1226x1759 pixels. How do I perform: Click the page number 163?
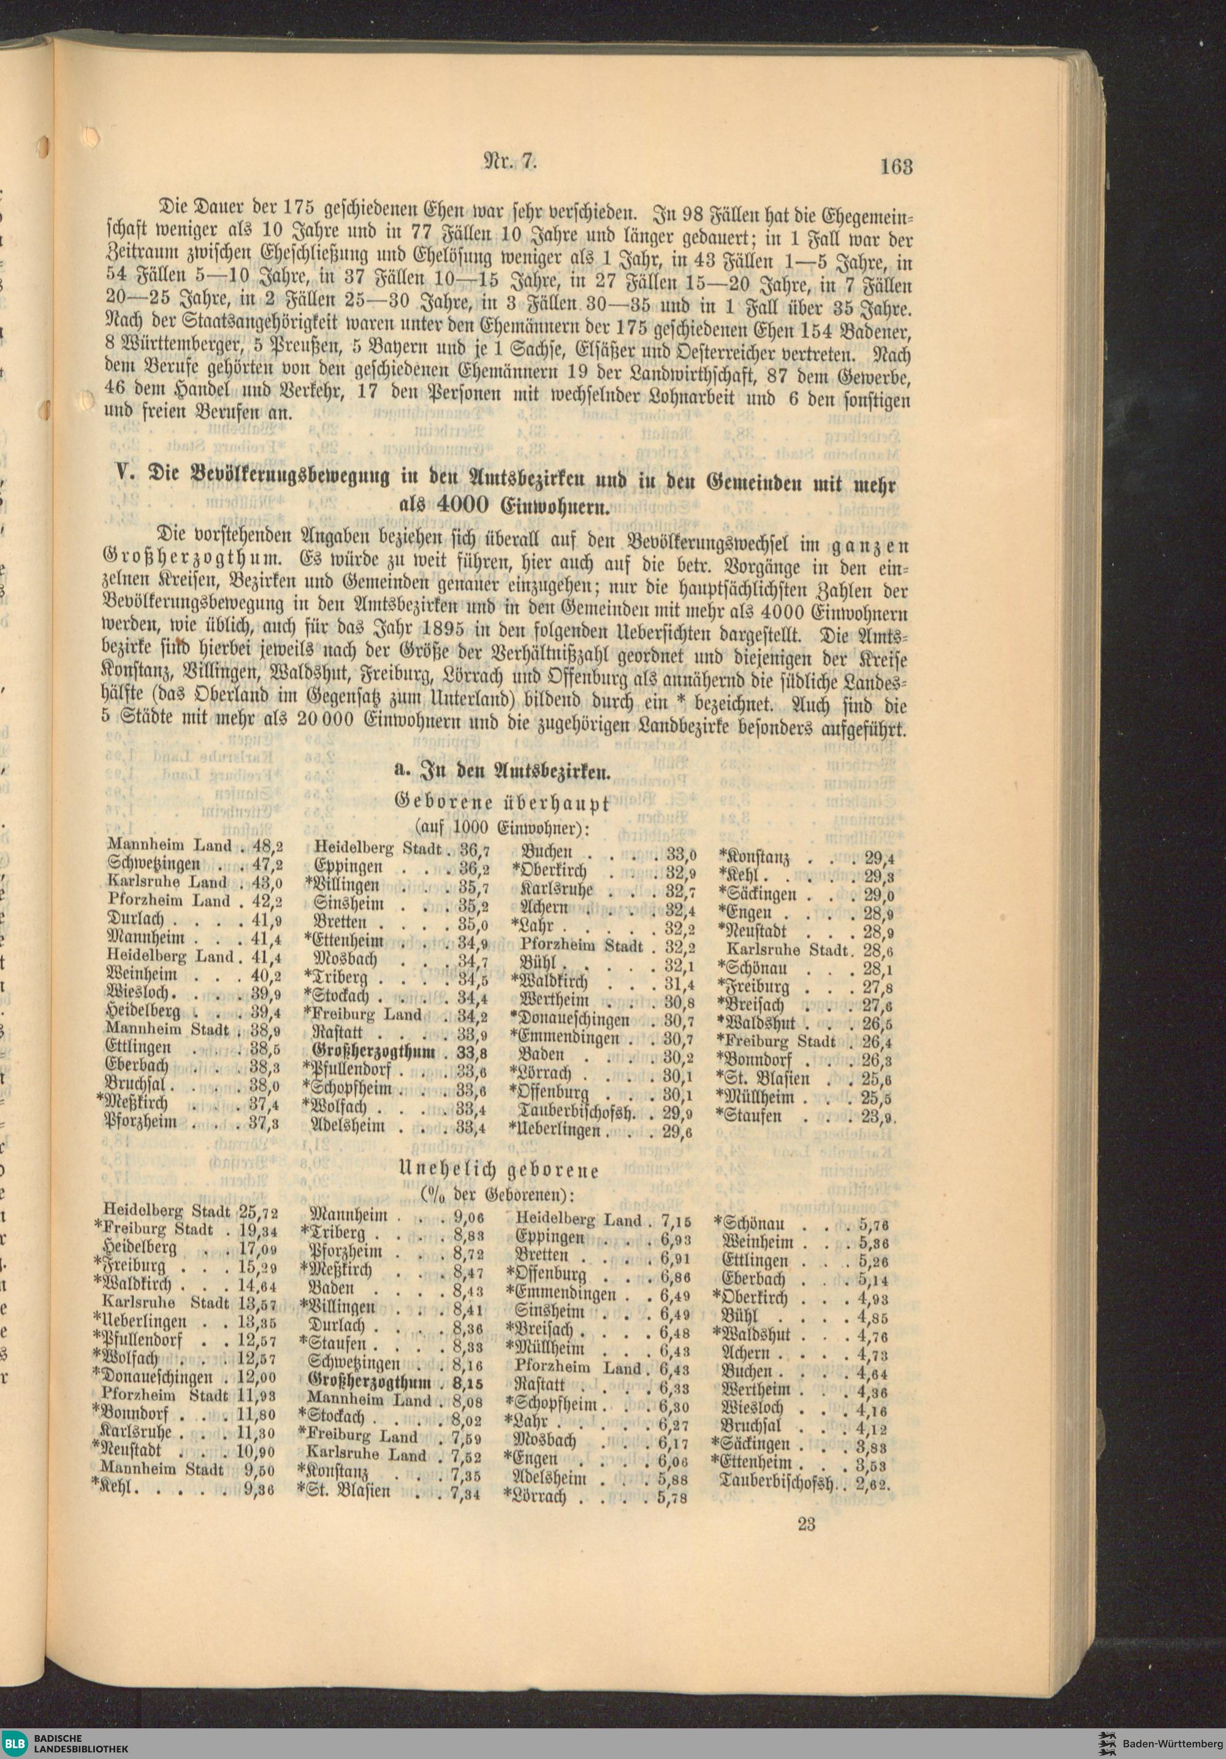(x=896, y=166)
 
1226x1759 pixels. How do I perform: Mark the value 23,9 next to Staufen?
(x=878, y=1117)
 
